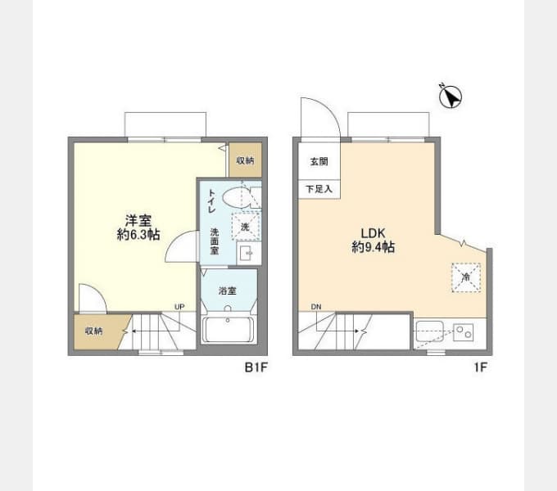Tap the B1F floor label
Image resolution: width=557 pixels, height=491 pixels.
[x=256, y=367]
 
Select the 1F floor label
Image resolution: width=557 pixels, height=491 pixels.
[x=480, y=367]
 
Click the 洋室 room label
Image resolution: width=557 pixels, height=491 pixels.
[x=138, y=221]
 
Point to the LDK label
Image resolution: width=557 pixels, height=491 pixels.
[x=373, y=233]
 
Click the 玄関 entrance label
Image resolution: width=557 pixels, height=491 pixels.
[x=319, y=161]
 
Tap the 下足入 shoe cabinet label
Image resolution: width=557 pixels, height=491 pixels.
[x=319, y=189]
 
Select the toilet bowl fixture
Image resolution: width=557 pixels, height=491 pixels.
[x=236, y=198]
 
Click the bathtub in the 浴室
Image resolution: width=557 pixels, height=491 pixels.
[x=228, y=329]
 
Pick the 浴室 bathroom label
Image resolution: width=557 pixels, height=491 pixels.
[x=228, y=291]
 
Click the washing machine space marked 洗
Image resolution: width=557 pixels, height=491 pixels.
[x=246, y=226]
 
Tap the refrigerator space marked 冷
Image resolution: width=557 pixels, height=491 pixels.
[x=466, y=277]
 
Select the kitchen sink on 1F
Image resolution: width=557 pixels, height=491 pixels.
[x=430, y=331]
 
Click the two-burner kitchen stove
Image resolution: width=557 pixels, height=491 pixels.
[x=464, y=332]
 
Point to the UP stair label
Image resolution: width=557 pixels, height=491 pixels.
[x=179, y=307]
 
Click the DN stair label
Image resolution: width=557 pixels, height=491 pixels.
[x=316, y=307]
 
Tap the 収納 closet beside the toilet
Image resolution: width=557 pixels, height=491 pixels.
[x=245, y=160]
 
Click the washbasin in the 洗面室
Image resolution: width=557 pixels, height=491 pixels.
[x=249, y=254]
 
